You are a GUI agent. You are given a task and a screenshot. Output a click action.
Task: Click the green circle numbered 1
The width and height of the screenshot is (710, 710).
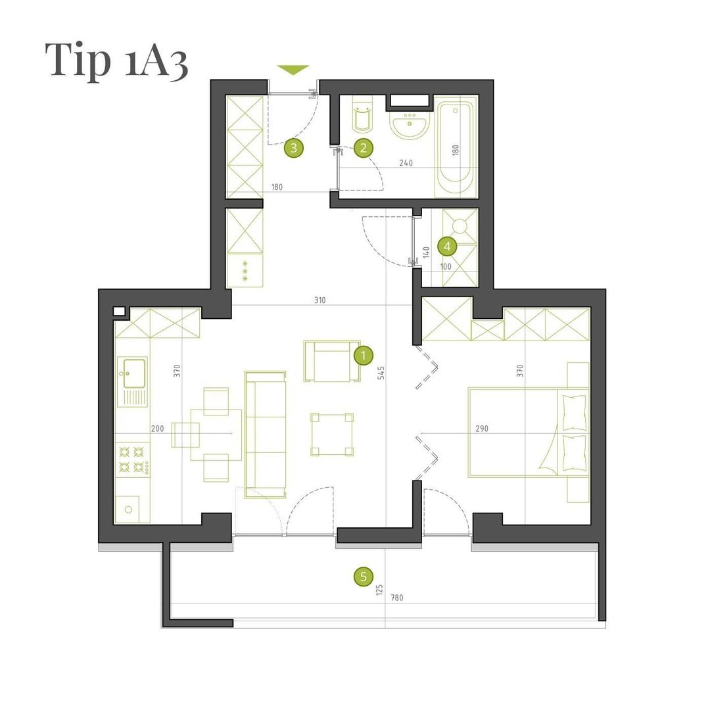[363, 356]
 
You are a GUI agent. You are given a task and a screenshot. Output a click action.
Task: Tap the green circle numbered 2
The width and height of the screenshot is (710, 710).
[363, 148]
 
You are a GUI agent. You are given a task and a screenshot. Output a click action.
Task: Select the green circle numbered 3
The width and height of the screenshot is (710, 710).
[294, 148]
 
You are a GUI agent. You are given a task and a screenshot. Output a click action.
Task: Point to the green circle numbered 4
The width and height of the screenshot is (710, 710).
[448, 247]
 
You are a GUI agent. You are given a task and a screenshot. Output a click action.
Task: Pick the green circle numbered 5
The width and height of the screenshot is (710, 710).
[363, 577]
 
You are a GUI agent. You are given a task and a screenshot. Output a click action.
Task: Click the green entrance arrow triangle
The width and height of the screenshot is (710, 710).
[293, 70]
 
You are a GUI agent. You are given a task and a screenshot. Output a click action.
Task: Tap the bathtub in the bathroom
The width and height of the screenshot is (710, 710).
[455, 147]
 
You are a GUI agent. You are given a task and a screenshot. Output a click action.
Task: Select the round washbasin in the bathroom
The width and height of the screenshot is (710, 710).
[410, 122]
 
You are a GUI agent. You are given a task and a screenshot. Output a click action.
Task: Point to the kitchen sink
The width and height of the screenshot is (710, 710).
[132, 382]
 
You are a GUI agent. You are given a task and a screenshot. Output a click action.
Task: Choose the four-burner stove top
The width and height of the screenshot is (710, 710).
[133, 459]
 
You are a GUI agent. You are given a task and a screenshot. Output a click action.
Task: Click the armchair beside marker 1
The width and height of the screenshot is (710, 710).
[333, 361]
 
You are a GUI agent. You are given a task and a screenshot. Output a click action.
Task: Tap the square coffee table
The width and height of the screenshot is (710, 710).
[332, 435]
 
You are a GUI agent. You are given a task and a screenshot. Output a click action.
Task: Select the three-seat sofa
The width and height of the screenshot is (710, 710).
[266, 435]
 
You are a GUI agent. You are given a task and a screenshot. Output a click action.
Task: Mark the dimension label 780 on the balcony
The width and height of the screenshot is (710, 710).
[396, 598]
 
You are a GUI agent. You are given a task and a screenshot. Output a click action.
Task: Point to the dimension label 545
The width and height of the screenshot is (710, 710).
[381, 372]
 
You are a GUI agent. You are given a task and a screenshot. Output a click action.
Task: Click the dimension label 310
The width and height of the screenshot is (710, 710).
[319, 300]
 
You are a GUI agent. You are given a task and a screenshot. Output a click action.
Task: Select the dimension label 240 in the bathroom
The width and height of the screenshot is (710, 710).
[406, 162]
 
